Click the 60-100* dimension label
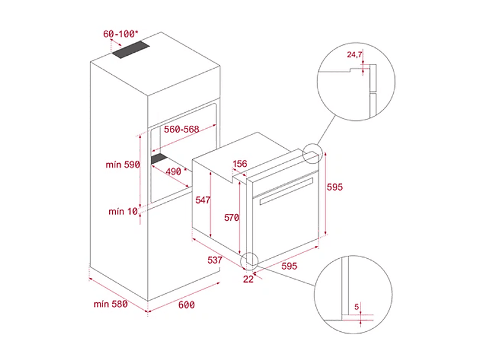pyautogui.click(x=120, y=34)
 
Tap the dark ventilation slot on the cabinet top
pyautogui.click(x=131, y=50)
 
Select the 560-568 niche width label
pyautogui.click(x=182, y=129)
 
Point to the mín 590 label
pyautogui.click(x=123, y=164)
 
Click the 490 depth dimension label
pyautogui.click(x=176, y=171)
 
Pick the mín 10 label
pyautogui.click(x=123, y=212)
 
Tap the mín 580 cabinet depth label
pyautogui.click(x=110, y=304)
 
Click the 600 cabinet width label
pyautogui.click(x=186, y=305)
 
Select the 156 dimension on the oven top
pyautogui.click(x=240, y=164)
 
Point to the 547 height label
pyautogui.click(x=203, y=200)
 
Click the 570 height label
pyautogui.click(x=231, y=218)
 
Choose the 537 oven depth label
pyautogui.click(x=215, y=260)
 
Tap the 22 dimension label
pyautogui.click(x=248, y=279)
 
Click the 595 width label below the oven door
pyautogui.click(x=289, y=266)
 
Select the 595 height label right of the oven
pyautogui.click(x=334, y=187)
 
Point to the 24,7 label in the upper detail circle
pyautogui.click(x=354, y=55)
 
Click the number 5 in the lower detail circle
pyautogui.click(x=356, y=307)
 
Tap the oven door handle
pyautogui.click(x=286, y=191)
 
